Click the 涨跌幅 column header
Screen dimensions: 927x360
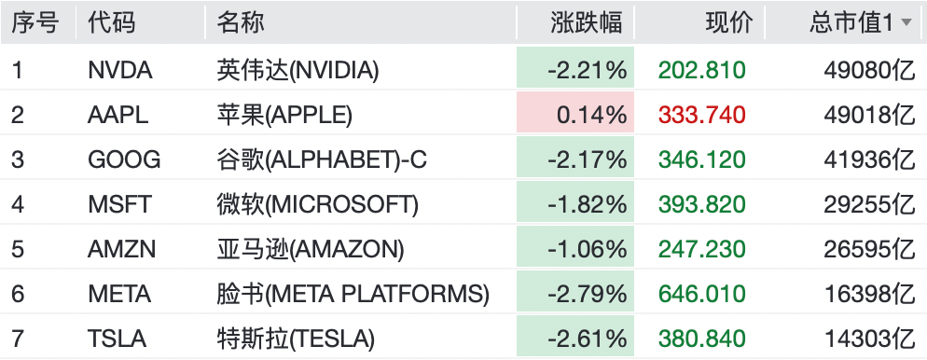(586, 23)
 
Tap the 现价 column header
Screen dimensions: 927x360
(729, 23)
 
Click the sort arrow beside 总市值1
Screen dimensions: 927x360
(906, 23)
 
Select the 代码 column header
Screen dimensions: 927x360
(111, 23)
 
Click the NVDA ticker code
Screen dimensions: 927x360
(120, 70)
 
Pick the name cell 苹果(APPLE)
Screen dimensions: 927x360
(284, 115)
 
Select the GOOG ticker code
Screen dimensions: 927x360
(124, 159)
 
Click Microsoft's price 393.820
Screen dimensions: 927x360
(701, 204)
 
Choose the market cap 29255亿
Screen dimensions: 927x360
(870, 204)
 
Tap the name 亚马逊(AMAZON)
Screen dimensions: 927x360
(311, 249)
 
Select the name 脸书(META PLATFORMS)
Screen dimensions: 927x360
(353, 295)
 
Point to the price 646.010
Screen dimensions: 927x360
(701, 295)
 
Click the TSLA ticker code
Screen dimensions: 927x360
(117, 339)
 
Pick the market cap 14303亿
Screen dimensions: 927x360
(870, 339)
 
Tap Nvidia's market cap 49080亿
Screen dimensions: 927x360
(870, 70)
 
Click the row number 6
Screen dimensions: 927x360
(18, 295)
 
